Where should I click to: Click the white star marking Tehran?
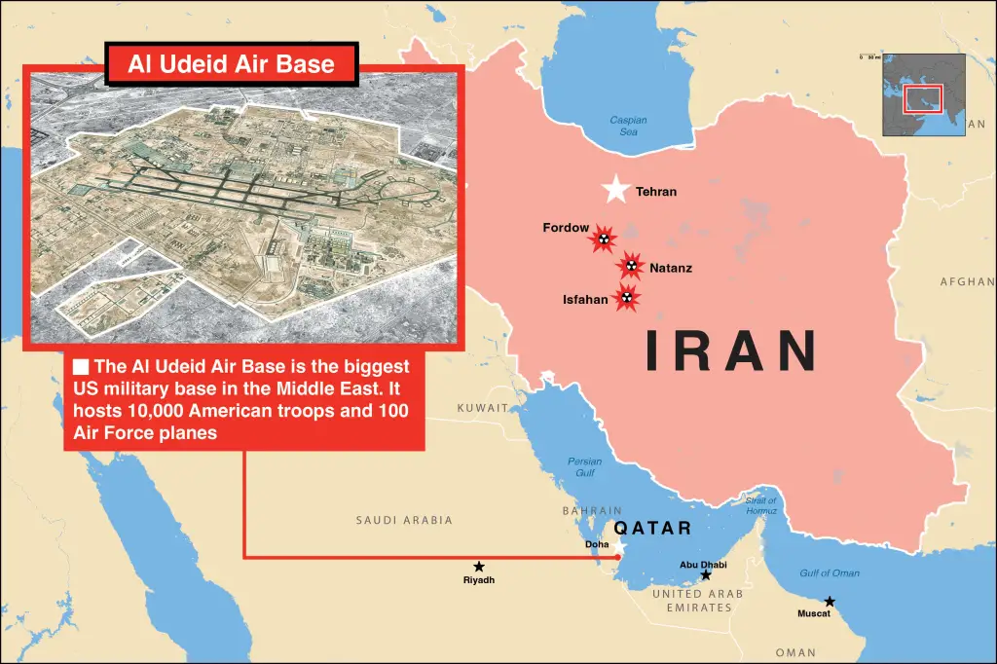point(615,189)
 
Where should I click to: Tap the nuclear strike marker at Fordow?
point(604,238)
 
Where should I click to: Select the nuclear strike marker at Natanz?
point(631,264)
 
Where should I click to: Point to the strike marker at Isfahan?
point(627,298)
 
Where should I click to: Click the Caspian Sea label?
point(628,126)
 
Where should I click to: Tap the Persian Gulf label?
point(585,466)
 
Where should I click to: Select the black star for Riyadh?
point(479,566)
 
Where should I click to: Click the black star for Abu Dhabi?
point(706,575)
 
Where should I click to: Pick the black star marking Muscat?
point(830,602)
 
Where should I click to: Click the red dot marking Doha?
point(618,557)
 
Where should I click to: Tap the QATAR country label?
point(652,529)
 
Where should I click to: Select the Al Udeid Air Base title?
point(231,65)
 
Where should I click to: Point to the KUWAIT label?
point(483,408)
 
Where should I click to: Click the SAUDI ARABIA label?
point(404,520)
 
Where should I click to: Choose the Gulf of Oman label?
point(830,573)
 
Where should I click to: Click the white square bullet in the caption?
point(82,367)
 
